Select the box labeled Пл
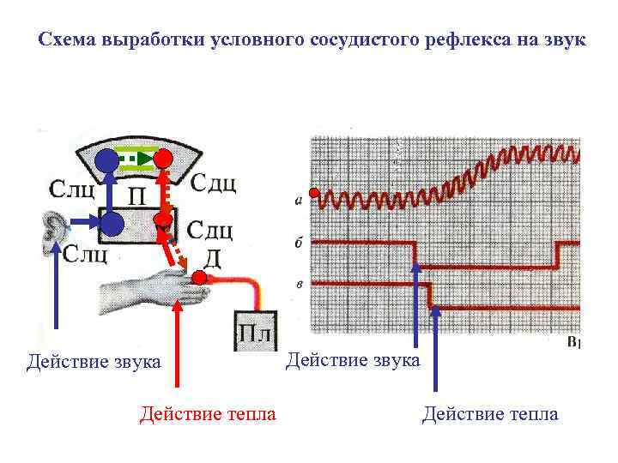[254, 331]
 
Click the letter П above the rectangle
[136, 197]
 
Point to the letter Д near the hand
[214, 257]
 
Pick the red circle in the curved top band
[163, 159]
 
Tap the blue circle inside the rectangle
[112, 225]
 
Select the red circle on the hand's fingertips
[199, 278]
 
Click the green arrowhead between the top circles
[142, 159]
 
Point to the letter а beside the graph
[298, 202]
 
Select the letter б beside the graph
[298, 244]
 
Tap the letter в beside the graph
[298, 282]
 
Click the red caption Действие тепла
[208, 415]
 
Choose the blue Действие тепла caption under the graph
[490, 415]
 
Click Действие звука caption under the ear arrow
[94, 362]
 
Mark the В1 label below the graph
[574, 343]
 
